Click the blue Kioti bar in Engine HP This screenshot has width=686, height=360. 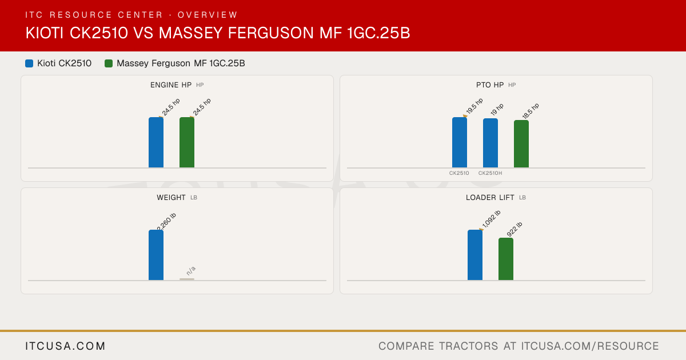click(x=156, y=142)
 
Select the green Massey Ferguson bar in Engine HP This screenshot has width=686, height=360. click(x=187, y=142)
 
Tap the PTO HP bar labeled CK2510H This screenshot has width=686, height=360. click(x=490, y=143)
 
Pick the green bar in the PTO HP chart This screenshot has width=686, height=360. click(x=521, y=144)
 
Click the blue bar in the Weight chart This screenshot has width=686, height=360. click(x=156, y=255)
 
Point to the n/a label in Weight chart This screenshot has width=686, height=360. click(x=191, y=271)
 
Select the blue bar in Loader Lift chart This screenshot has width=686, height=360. click(x=475, y=255)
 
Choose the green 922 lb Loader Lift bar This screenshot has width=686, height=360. click(x=506, y=259)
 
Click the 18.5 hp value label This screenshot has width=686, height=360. click(x=531, y=111)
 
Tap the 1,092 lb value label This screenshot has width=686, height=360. click(x=491, y=219)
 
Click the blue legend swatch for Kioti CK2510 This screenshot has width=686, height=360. click(x=29, y=63)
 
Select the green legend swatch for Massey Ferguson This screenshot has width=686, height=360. click(x=109, y=63)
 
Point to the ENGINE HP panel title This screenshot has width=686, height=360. click(x=171, y=85)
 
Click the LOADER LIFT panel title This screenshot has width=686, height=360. click(x=490, y=198)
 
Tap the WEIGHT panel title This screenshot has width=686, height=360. click(x=171, y=198)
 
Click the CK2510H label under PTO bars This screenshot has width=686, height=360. click(x=490, y=173)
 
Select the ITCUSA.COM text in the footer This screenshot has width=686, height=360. click(x=65, y=346)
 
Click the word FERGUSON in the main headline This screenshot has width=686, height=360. click(x=271, y=33)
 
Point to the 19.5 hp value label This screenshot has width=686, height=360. click(x=474, y=106)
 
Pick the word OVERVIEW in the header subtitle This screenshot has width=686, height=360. click(x=208, y=15)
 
